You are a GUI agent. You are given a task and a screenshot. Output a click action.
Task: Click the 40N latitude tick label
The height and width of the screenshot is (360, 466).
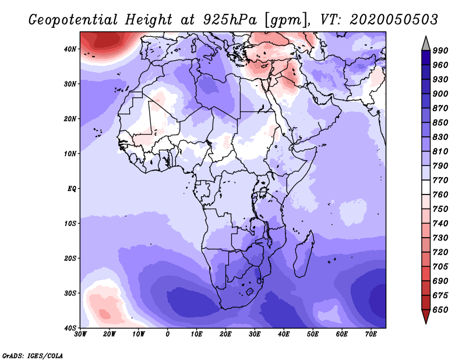pos(70,49)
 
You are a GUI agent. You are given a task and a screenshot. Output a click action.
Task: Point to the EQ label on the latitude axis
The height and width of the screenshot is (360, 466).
pos(72,189)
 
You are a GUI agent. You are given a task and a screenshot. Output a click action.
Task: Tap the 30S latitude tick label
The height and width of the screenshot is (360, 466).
pos(70,294)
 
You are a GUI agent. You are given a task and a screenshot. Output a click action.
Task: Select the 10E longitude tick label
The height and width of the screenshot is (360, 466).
pos(196,334)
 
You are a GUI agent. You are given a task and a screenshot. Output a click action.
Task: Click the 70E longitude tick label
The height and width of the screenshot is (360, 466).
pos(371,334)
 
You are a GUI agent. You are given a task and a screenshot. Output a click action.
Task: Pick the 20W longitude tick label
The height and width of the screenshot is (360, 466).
pos(109,334)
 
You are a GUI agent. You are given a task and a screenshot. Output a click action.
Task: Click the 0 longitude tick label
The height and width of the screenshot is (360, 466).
pos(168,334)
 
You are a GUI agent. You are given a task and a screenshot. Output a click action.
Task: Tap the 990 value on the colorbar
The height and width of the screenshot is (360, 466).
pos(440,51)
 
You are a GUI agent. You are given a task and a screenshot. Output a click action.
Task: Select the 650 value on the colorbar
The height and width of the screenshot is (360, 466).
pos(440,310)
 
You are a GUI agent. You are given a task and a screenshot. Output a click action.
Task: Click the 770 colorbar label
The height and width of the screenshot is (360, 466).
pos(440,181)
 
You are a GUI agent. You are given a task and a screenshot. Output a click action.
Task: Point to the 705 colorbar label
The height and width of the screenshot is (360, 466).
pos(440,267)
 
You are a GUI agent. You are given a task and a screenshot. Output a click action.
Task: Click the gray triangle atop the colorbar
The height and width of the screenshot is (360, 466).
pos(426,44)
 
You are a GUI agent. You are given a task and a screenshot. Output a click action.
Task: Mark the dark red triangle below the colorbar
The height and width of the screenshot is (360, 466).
pos(426,316)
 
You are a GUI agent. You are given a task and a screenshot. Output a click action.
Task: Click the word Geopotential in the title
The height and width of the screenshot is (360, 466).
pos(73,20)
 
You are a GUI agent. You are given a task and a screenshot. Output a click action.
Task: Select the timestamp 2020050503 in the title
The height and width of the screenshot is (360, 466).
pos(394,20)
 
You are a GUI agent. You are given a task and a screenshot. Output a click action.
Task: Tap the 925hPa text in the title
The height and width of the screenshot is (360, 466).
pos(230,20)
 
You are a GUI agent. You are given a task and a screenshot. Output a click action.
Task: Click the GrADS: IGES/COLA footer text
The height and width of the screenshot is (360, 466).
pos(33,355)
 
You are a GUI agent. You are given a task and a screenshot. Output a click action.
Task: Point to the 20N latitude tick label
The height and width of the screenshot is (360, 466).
pos(70,119)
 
